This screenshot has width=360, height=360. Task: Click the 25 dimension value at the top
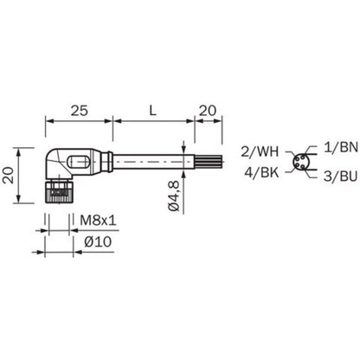(x=80, y=111)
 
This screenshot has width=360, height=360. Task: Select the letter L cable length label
(x=152, y=111)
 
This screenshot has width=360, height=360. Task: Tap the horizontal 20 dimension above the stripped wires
(x=208, y=111)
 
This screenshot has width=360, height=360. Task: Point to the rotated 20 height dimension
(x=10, y=176)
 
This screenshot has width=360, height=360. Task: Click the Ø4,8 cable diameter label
(x=174, y=196)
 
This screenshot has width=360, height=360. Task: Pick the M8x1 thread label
(x=98, y=221)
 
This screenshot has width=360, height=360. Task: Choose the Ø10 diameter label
(x=98, y=241)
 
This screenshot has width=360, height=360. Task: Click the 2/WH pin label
(x=260, y=151)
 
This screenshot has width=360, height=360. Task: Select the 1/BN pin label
(x=341, y=147)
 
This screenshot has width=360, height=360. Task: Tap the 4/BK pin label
(x=261, y=172)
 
